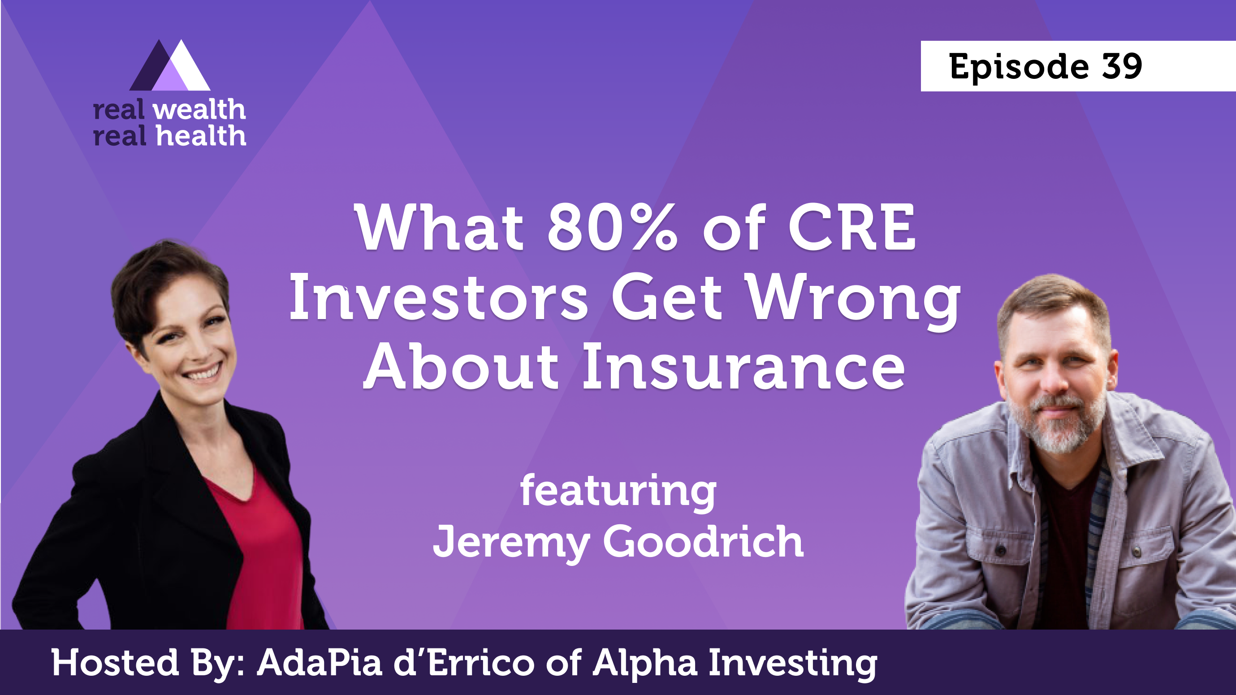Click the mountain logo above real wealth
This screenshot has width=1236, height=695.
pos(170,66)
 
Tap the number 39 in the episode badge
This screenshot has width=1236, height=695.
pos(1122,66)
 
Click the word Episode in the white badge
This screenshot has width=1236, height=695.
pos(1019,67)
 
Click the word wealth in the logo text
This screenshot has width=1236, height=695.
pos(199,110)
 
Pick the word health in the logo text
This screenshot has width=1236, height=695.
pos(201,136)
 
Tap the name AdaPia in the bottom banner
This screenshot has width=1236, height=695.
pos(320,663)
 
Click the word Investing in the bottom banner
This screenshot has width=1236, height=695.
pos(793,663)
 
